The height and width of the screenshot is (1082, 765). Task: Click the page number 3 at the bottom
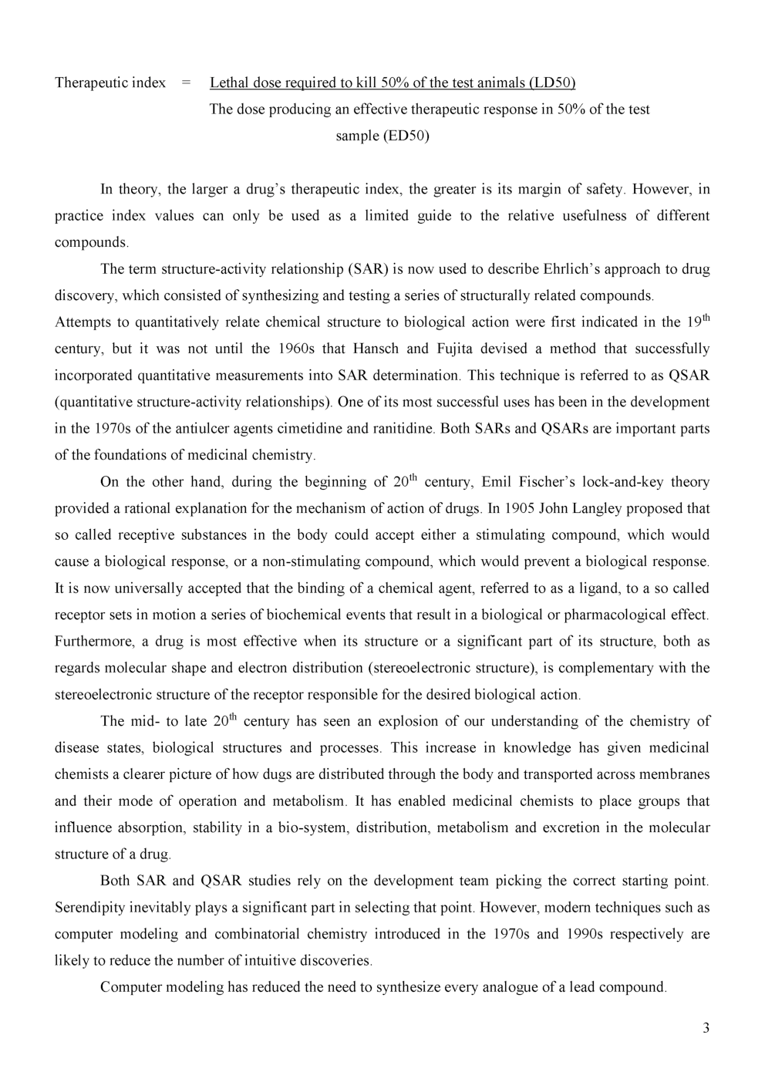(x=706, y=1028)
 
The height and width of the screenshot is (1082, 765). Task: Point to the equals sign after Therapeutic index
(x=186, y=83)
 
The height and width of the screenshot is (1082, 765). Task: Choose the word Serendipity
(x=91, y=908)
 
